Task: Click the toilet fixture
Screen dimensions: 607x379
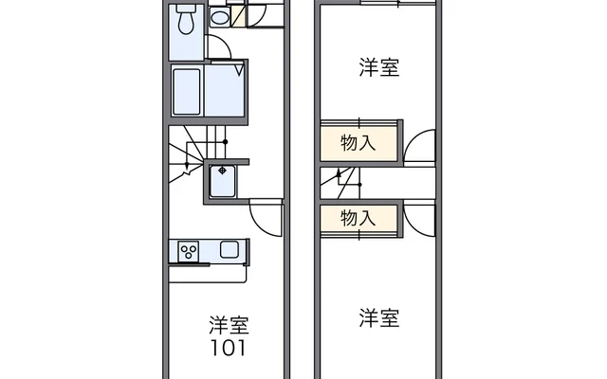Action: (x=186, y=19)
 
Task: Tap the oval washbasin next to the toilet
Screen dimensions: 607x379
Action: (x=220, y=17)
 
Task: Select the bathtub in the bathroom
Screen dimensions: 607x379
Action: (x=187, y=92)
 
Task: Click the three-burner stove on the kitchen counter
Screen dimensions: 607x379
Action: (x=189, y=251)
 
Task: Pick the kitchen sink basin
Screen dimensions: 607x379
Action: (x=230, y=249)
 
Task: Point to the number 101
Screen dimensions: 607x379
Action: (x=228, y=348)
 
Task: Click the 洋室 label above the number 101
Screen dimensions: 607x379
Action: (x=229, y=325)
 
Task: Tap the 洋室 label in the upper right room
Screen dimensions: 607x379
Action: (x=379, y=67)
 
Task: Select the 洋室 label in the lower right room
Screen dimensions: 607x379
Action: (x=379, y=318)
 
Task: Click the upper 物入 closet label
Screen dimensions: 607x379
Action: (x=359, y=143)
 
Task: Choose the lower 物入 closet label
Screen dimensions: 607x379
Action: (x=359, y=218)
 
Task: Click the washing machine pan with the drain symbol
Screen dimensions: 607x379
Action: (x=222, y=181)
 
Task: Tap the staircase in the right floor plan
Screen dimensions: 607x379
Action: (x=340, y=183)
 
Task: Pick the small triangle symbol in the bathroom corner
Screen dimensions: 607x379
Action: (x=239, y=71)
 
